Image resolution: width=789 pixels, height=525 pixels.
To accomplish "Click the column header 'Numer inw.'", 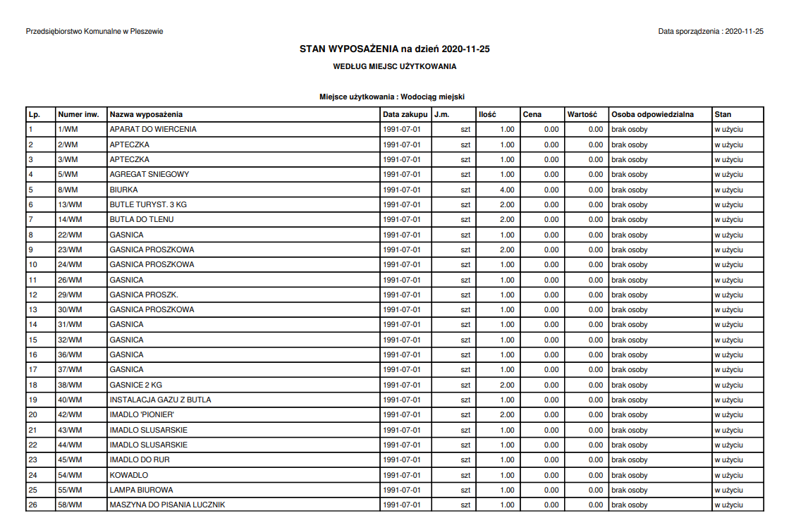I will click(78, 114).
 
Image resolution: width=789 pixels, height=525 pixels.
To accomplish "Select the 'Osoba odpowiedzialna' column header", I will click(652, 114).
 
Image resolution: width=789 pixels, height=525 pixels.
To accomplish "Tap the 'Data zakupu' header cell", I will click(405, 114).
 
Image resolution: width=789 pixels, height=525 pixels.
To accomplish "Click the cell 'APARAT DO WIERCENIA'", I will click(153, 130).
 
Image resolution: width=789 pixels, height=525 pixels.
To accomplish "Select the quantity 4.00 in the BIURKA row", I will click(506, 190).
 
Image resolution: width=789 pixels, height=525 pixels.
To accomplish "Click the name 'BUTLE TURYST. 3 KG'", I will click(148, 204).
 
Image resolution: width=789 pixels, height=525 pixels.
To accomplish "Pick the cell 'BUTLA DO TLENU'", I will click(142, 219).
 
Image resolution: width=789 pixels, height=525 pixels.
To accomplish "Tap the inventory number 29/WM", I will click(70, 295).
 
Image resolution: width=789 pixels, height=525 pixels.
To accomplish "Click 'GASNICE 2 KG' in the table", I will click(136, 385).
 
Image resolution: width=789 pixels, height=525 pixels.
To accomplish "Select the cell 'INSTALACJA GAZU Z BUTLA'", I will click(160, 400).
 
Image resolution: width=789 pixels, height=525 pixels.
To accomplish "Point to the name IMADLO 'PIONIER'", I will click(142, 414).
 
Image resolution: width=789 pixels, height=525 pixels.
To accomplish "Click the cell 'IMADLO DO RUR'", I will click(140, 459).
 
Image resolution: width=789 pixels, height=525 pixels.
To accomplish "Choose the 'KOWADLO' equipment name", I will click(129, 475).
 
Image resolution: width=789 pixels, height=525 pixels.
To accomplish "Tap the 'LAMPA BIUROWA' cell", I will click(141, 490).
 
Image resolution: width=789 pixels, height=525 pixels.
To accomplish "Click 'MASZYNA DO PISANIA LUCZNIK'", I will click(167, 505).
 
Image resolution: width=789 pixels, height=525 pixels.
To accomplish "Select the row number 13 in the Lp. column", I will click(32, 309).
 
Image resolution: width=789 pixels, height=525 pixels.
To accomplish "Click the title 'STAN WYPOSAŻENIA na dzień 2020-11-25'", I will click(394, 49).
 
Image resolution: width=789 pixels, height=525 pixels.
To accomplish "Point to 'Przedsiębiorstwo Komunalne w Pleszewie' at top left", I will click(94, 32).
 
